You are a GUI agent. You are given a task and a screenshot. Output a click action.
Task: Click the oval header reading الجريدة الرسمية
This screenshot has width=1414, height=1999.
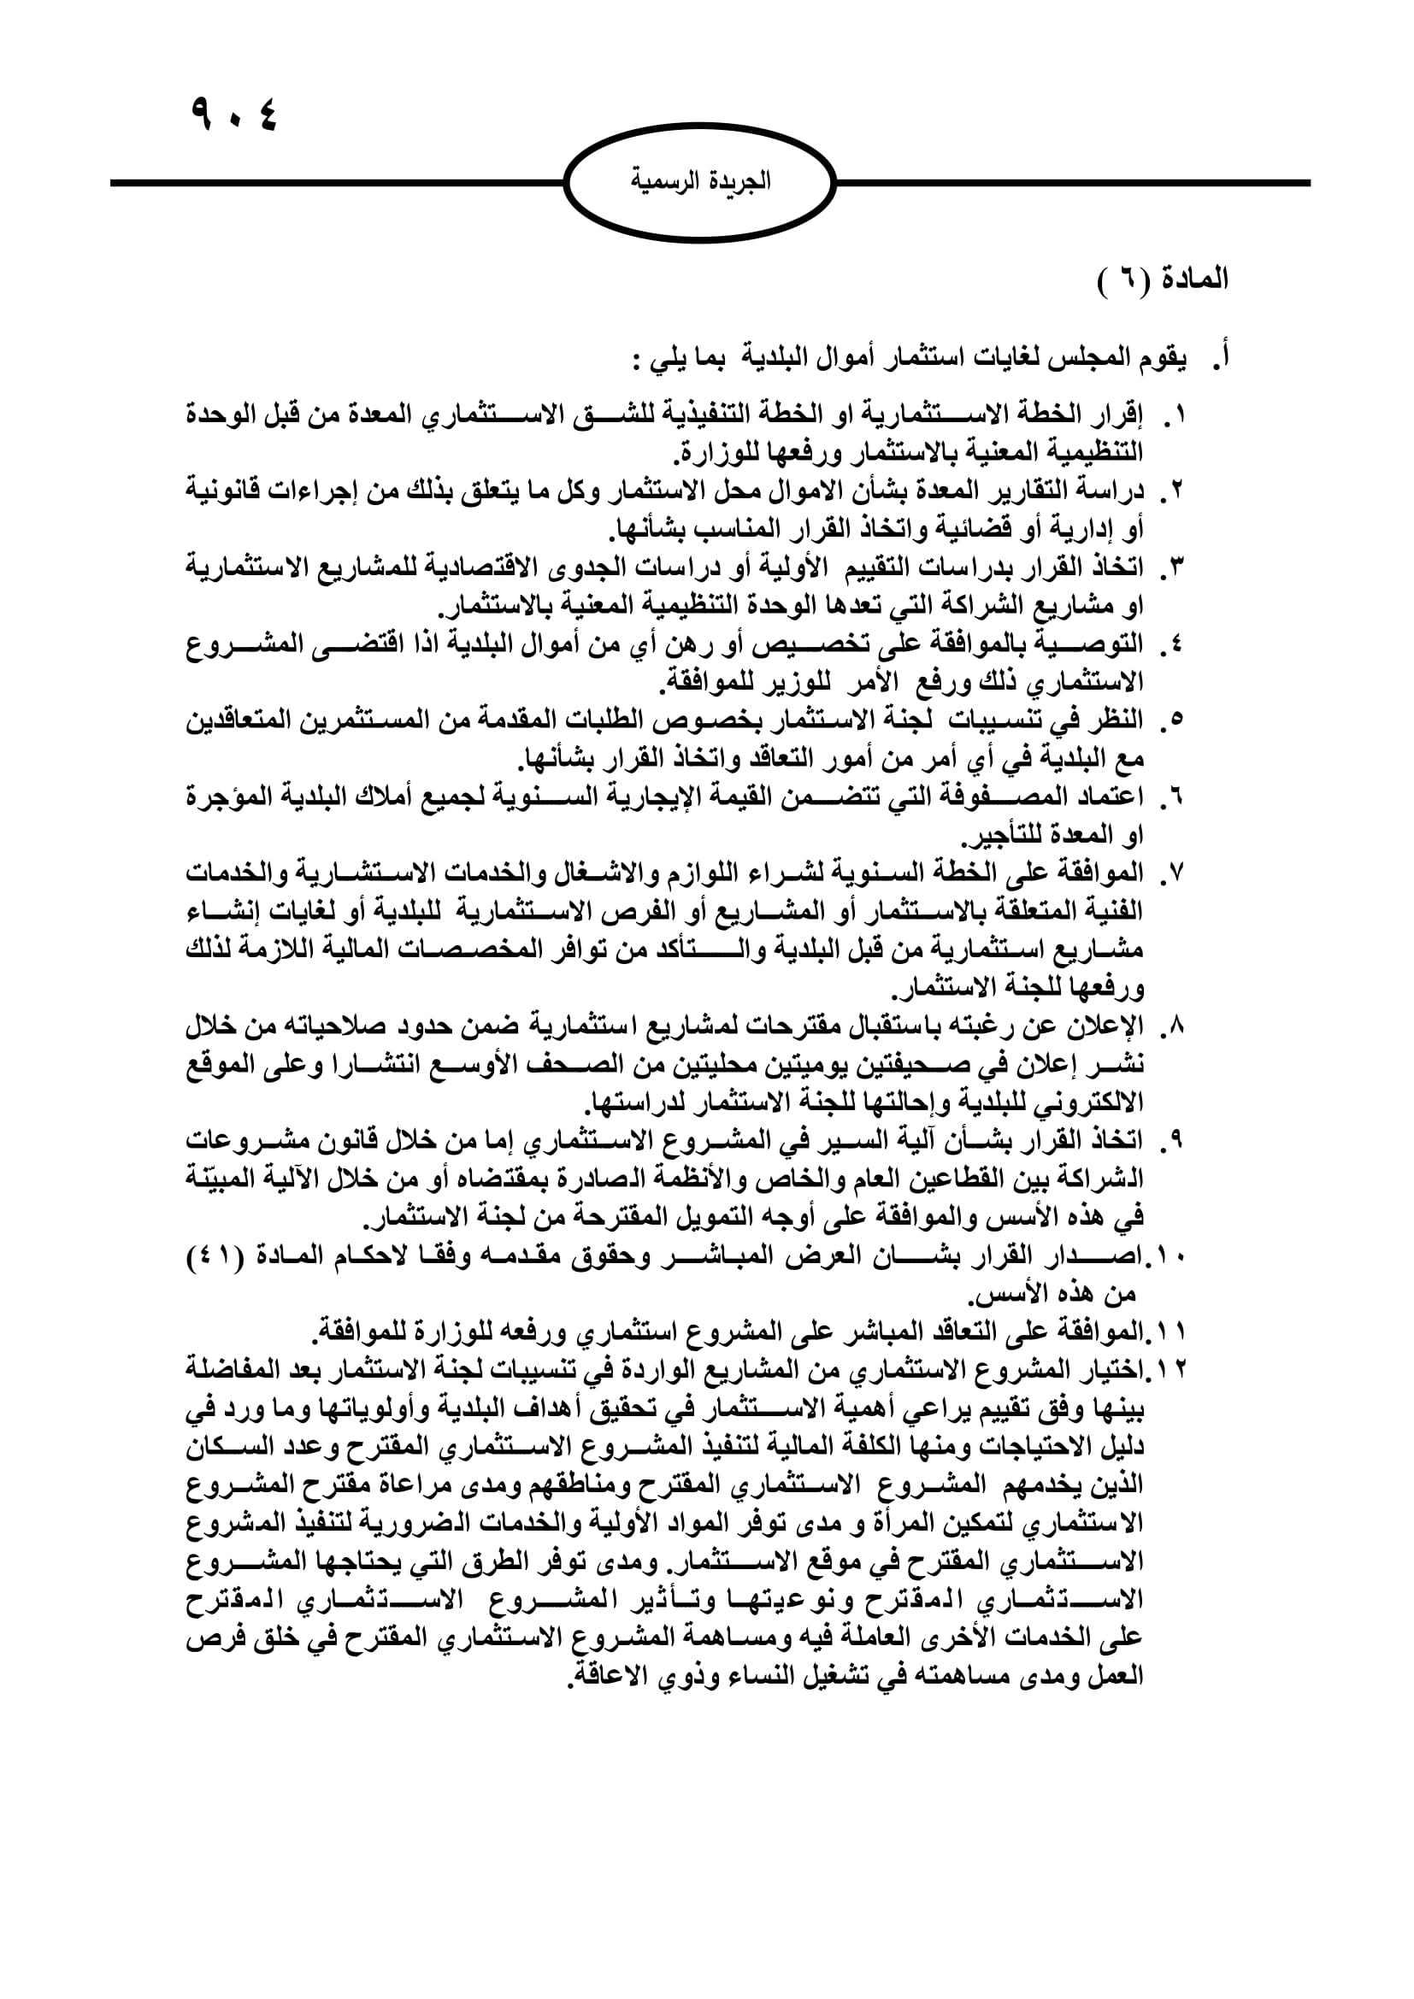click(700, 182)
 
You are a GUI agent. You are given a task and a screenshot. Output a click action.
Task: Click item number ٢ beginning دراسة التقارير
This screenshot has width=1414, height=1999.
click(1175, 491)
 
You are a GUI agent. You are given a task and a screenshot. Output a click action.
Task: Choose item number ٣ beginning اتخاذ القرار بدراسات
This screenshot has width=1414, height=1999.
click(1175, 567)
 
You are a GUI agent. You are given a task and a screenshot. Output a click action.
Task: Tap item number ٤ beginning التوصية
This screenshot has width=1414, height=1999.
click(1175, 644)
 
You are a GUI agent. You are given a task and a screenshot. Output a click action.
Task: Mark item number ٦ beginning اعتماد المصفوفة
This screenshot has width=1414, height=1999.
click(1175, 797)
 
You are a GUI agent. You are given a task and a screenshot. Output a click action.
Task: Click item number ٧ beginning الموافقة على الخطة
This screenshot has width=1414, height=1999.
click(1175, 873)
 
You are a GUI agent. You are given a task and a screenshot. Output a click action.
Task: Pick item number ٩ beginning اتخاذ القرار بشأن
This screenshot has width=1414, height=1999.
click(1175, 1142)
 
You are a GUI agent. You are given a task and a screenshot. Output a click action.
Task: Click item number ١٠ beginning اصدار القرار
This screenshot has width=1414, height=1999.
click(1169, 1257)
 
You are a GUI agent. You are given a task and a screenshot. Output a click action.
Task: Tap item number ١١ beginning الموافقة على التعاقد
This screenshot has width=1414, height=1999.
click(1169, 1333)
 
